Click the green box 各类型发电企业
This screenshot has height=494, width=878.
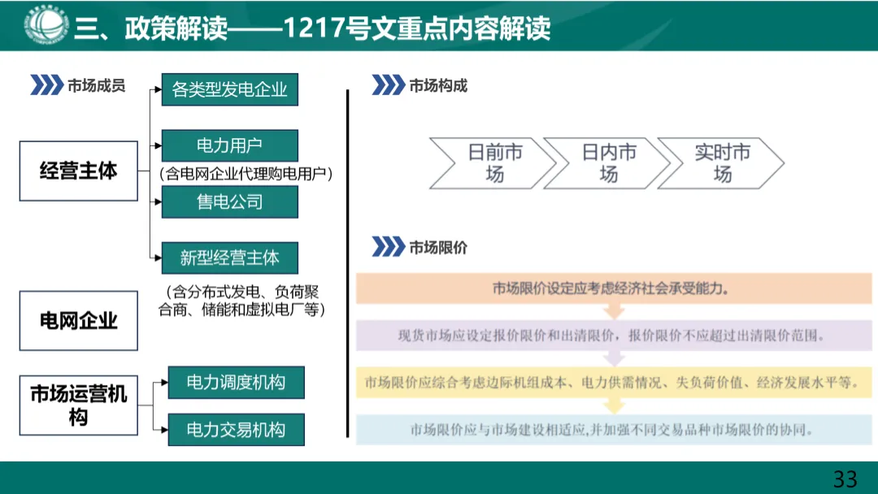(230, 89)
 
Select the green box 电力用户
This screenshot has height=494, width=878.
(230, 145)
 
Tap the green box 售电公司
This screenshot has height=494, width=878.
(230, 201)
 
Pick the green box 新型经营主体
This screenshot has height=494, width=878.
(230, 258)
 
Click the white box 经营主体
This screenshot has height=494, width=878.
(79, 171)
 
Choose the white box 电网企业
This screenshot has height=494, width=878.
(79, 321)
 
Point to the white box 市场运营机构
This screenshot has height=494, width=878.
(79, 405)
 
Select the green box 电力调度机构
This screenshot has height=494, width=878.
(236, 382)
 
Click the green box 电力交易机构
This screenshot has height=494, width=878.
(236, 430)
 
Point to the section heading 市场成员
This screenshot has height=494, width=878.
(97, 85)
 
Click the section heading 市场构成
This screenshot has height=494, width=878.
(438, 85)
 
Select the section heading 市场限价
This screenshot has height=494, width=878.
(438, 247)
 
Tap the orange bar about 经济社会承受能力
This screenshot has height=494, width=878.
(614, 288)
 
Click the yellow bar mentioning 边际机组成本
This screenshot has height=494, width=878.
(614, 382)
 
